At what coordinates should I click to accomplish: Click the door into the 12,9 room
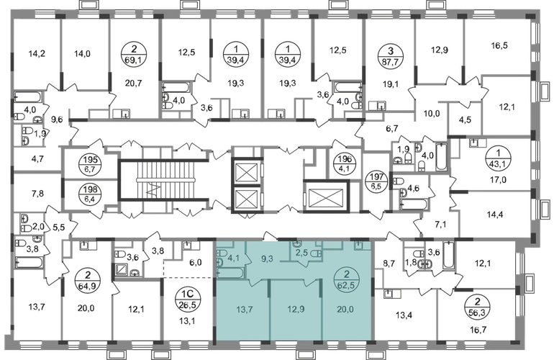tap(308, 282)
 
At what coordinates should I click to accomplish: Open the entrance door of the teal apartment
tap(269, 234)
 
